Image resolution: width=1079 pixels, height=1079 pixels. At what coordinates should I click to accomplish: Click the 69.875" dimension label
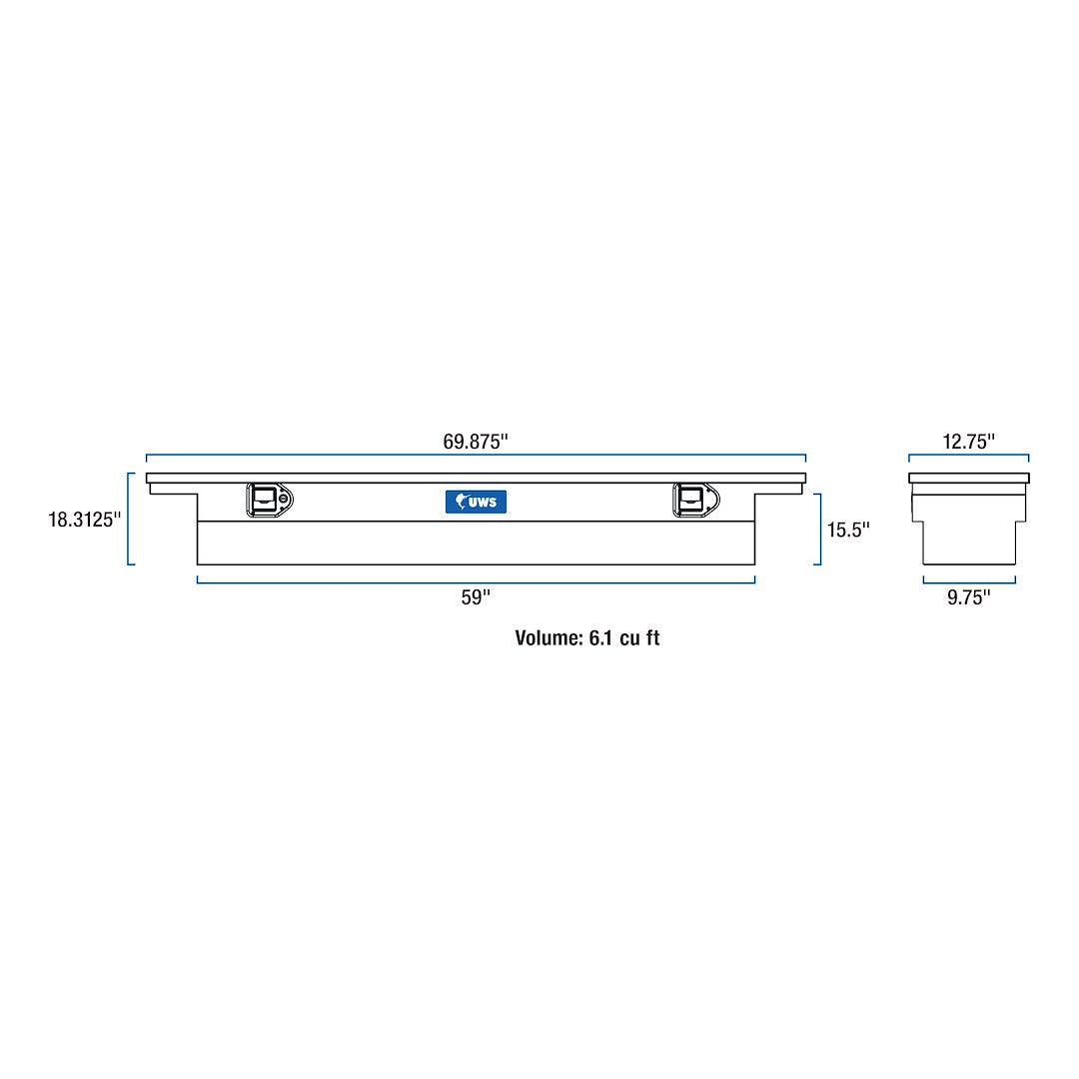pyautogui.click(x=476, y=442)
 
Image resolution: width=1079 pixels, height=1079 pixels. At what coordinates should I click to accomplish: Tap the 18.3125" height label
pyautogui.click(x=85, y=520)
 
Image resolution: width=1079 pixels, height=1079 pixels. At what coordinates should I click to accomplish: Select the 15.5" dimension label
pyautogui.click(x=848, y=530)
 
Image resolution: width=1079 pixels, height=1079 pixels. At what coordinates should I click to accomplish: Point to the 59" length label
pyautogui.click(x=476, y=597)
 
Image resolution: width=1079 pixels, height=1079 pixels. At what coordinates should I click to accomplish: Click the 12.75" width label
pyautogui.click(x=968, y=442)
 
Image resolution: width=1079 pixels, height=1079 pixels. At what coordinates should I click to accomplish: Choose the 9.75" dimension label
pyautogui.click(x=968, y=597)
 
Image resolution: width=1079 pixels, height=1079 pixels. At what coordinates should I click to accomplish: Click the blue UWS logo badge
pyautogui.click(x=476, y=502)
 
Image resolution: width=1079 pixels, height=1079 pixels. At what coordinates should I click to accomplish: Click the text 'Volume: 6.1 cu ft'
pyautogui.click(x=586, y=638)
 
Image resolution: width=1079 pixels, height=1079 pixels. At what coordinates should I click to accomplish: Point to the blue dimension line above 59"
pyautogui.click(x=476, y=581)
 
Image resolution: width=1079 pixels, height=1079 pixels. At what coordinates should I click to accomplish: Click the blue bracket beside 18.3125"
pyautogui.click(x=130, y=520)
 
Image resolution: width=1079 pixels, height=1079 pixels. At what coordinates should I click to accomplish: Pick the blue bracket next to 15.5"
pyautogui.click(x=818, y=530)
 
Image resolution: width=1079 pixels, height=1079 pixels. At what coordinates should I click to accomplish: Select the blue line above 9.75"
pyautogui.click(x=968, y=581)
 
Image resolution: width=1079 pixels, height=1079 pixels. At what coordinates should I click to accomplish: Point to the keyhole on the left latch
pyautogui.click(x=285, y=500)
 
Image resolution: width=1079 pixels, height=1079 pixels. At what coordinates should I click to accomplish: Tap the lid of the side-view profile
pyautogui.click(x=968, y=478)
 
